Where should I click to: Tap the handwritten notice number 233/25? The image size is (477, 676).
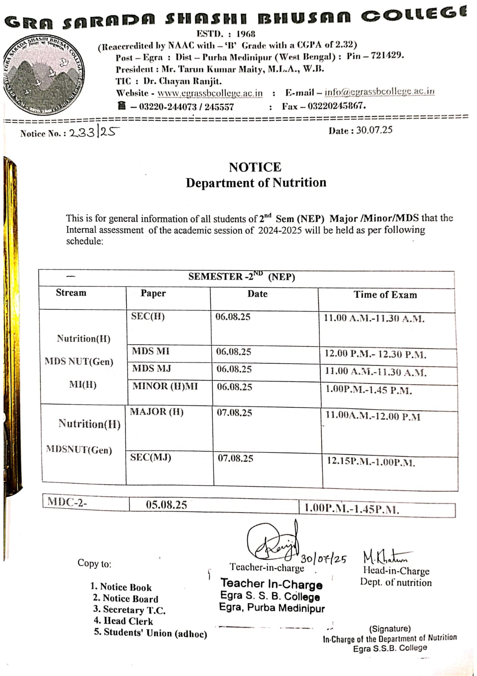click(x=94, y=133)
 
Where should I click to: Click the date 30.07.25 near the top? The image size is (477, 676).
click(x=374, y=130)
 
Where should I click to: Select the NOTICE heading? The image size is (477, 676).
click(x=255, y=167)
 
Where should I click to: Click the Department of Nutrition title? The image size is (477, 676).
click(x=256, y=183)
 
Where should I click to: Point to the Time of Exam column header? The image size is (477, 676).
click(x=385, y=295)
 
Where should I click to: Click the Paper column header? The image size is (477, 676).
click(x=153, y=293)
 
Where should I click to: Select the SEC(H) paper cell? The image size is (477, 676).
click(x=148, y=316)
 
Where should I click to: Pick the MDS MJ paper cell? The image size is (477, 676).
click(x=152, y=368)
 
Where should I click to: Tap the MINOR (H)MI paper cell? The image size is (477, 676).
click(x=165, y=386)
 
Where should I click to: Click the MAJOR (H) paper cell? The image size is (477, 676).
click(x=157, y=412)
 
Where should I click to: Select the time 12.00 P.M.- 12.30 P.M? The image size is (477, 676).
click(x=375, y=354)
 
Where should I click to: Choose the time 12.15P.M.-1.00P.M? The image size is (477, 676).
click(x=371, y=461)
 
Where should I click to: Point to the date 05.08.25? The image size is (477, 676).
click(x=166, y=505)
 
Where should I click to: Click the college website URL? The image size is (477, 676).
click(x=210, y=93)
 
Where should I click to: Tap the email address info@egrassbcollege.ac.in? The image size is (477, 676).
click(x=379, y=92)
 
